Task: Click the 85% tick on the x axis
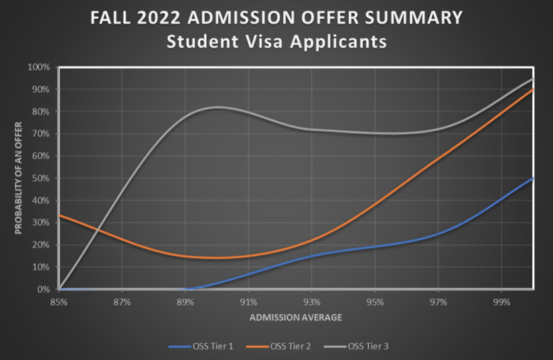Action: [59, 302]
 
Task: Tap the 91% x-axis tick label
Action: [248, 302]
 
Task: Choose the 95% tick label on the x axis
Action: [375, 302]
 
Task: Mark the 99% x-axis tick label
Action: [501, 302]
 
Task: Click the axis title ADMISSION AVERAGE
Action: [295, 318]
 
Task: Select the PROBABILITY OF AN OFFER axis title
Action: [18, 178]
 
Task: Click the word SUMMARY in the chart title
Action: [410, 17]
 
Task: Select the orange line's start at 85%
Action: [60, 215]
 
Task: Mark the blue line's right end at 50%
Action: [534, 178]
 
